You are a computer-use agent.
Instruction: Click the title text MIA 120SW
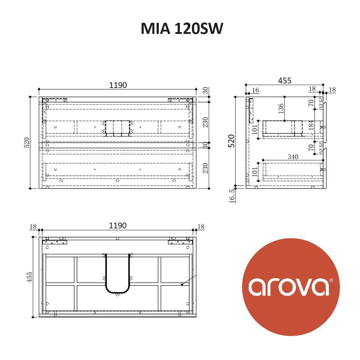click(182, 29)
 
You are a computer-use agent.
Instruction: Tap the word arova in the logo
click(288, 287)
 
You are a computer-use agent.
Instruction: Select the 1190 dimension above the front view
click(118, 85)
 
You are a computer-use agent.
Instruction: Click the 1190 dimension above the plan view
click(118, 226)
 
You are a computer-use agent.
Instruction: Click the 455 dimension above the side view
click(284, 81)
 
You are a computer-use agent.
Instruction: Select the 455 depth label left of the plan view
click(29, 277)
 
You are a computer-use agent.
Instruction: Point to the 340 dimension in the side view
click(293, 157)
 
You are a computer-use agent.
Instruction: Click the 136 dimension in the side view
click(281, 109)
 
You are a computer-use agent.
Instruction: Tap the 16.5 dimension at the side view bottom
click(232, 196)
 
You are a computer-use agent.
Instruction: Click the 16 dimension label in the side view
click(255, 90)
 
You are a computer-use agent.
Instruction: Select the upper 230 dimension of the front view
click(205, 122)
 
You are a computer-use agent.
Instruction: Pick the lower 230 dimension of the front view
click(205, 168)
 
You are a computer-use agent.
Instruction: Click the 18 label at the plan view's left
click(33, 226)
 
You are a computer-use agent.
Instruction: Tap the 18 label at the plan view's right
click(201, 226)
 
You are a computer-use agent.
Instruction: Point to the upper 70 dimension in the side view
click(311, 103)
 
